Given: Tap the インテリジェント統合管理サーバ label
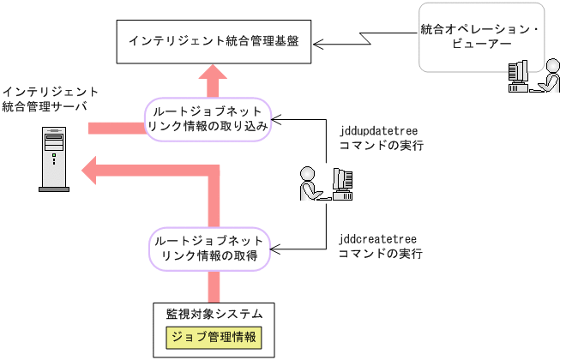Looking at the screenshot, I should click(x=50, y=99).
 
